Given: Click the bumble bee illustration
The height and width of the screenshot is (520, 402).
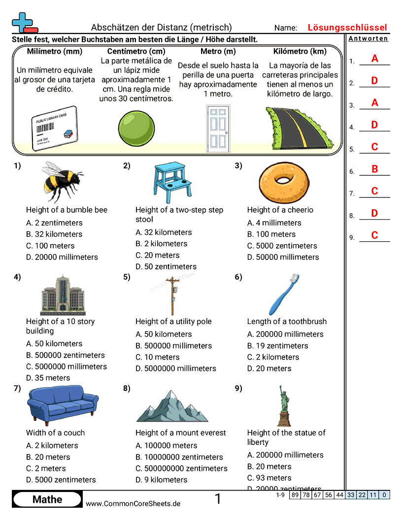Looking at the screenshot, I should tap(62, 182).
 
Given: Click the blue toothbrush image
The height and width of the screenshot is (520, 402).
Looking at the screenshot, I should tap(285, 294).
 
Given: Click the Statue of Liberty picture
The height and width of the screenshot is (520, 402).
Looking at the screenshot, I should tap(284, 405).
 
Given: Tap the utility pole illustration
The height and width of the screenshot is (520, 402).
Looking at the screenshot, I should tap(172, 295).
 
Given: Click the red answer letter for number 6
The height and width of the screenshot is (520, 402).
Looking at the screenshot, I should tap(374, 169).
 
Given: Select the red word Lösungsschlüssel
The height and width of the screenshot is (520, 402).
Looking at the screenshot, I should tap(347, 28).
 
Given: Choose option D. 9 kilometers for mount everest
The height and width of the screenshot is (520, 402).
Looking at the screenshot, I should tap(161, 480).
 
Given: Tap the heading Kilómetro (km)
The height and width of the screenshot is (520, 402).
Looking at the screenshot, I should tap(300, 51).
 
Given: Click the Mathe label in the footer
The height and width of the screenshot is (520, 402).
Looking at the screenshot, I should tap(47, 500).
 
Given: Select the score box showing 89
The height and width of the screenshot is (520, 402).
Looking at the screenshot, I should tap(295, 495).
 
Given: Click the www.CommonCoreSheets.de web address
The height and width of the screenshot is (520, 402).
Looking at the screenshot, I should tap(133, 503).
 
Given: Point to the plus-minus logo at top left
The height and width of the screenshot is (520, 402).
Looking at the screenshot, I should tap(23, 23).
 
